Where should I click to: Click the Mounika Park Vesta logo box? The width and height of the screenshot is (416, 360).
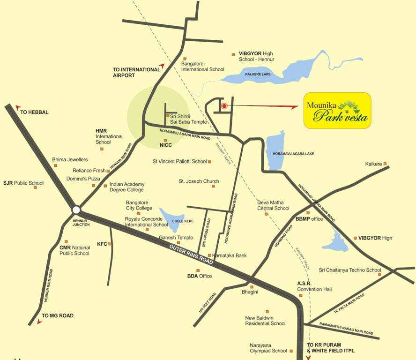(337, 111)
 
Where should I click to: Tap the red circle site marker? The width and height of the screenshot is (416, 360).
(224, 106)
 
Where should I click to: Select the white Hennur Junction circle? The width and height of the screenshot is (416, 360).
(76, 210)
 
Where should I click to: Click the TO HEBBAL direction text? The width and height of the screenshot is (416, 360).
(34, 112)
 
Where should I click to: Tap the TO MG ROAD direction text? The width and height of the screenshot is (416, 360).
(57, 316)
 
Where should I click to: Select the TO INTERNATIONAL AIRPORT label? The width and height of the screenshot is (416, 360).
(136, 72)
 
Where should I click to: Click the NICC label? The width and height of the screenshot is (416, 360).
(166, 145)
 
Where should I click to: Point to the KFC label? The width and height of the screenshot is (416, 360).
(102, 244)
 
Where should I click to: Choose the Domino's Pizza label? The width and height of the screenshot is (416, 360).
(82, 179)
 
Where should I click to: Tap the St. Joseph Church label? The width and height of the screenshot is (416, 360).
(199, 181)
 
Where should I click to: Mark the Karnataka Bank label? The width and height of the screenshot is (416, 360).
(230, 255)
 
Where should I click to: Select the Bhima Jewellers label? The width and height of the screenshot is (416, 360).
(70, 159)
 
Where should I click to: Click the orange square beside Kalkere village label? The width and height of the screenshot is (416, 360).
(385, 164)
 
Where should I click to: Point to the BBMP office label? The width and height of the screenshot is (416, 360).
(309, 219)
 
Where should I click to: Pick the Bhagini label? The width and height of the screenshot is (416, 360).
(250, 292)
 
